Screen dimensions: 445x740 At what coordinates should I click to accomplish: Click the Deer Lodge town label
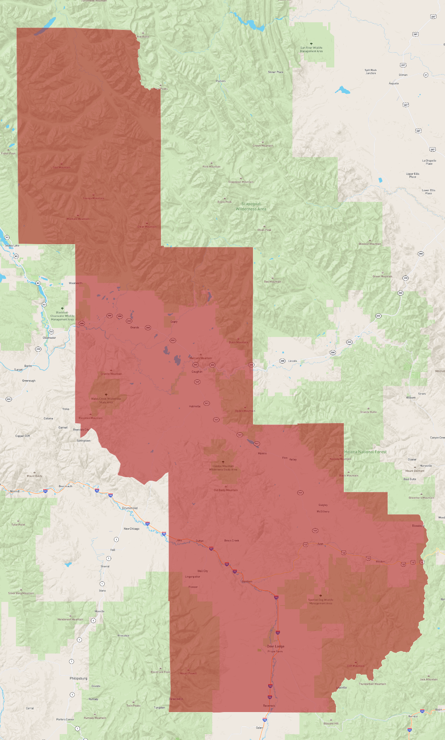click(x=275, y=646)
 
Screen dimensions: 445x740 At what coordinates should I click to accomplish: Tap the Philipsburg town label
click(x=78, y=678)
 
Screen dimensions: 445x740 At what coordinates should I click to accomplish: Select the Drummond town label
click(x=130, y=508)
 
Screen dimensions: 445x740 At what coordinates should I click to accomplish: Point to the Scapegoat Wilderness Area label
click(x=251, y=206)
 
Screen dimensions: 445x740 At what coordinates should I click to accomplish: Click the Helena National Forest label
click(x=365, y=452)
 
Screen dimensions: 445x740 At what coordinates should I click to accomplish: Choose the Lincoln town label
click(x=292, y=361)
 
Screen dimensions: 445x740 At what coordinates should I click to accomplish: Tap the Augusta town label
click(x=394, y=83)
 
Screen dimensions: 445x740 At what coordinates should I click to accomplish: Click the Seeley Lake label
click(x=12, y=246)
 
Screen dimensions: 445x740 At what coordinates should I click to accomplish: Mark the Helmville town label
click(x=195, y=407)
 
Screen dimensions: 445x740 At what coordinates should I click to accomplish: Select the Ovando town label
click(x=135, y=328)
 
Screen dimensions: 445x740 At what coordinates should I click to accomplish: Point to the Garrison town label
click(x=247, y=582)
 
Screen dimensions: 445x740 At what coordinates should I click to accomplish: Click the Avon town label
click(x=320, y=544)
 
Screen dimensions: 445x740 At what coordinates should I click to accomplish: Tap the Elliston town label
click(x=380, y=562)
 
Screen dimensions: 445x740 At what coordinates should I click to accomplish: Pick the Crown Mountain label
click(x=263, y=146)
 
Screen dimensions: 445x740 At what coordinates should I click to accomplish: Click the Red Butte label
click(x=143, y=37)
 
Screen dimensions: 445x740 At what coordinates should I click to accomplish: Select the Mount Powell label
click(x=188, y=673)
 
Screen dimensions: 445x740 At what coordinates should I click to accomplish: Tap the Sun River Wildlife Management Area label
click(x=312, y=49)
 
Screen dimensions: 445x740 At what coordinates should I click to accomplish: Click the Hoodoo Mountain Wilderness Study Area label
click(x=223, y=468)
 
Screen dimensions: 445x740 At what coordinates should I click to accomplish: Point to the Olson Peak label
click(x=264, y=230)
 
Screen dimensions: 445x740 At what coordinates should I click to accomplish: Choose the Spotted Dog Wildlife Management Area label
click(x=321, y=602)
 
